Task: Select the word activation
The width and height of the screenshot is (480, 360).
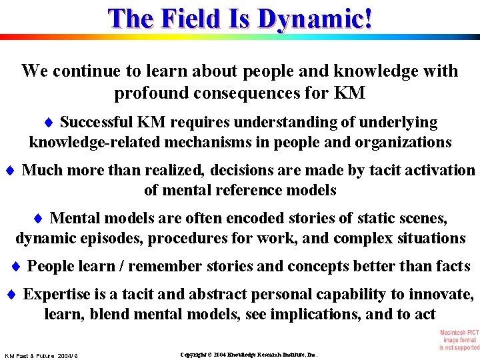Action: [442, 170]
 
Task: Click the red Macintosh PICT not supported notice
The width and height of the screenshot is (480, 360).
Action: [459, 339]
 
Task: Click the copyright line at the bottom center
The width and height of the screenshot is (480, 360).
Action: [249, 355]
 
